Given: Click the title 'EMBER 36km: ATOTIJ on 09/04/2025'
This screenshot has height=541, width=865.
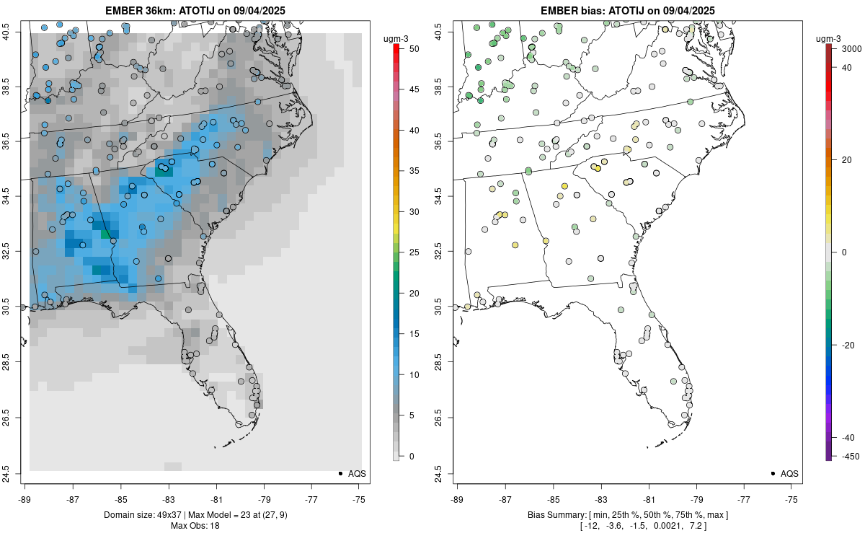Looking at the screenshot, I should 195,10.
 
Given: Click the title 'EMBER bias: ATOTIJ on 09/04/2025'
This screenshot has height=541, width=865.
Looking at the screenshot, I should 627,10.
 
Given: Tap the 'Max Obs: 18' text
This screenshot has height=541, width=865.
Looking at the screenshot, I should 195,525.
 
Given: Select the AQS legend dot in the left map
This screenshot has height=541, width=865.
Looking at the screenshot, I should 340,473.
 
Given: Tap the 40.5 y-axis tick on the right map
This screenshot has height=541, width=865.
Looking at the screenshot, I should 448,32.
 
